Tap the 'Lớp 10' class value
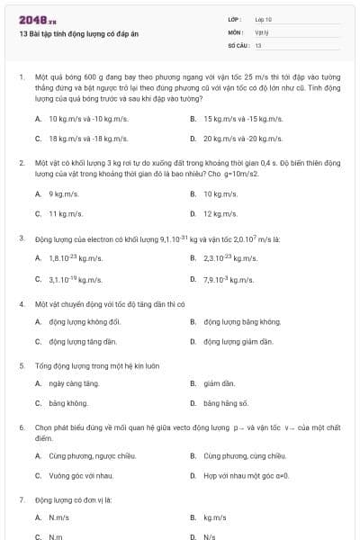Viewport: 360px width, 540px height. pyautogui.click(x=263, y=19)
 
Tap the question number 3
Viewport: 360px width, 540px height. pyautogui.click(x=21, y=238)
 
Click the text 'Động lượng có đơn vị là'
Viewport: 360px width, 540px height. pyautogui.click(x=72, y=498)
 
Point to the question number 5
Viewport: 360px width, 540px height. pyautogui.click(x=21, y=366)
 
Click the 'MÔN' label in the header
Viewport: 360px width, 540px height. pyautogui.click(x=236, y=31)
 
